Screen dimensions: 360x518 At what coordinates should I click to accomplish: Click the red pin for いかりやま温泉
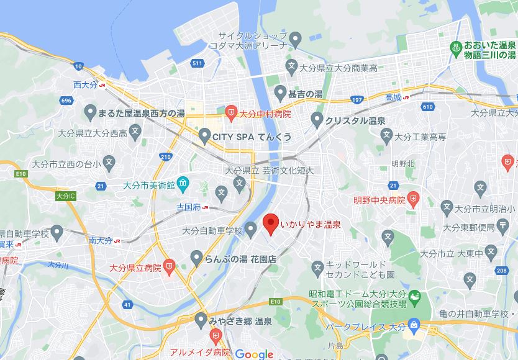270,223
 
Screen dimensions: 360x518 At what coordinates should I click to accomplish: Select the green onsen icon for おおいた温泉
455,47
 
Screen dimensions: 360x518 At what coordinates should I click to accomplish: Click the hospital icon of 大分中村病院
230,112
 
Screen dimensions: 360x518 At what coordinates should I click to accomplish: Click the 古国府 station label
188,207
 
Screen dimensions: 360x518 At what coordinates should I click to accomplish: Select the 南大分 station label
100,240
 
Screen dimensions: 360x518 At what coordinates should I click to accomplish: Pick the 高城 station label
393,97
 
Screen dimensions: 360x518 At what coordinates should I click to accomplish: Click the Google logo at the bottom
254,354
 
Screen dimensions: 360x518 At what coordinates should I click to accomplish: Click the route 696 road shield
67,100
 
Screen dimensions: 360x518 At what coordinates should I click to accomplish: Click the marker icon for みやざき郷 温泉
200,320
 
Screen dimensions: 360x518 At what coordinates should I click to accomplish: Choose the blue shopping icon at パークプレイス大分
415,325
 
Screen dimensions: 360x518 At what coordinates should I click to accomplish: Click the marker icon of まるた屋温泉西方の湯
90,113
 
